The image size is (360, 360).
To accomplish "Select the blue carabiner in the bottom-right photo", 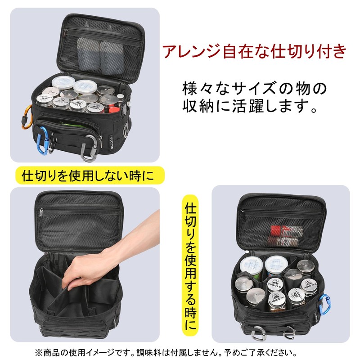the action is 323,304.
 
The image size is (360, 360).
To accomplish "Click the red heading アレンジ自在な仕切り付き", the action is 254,51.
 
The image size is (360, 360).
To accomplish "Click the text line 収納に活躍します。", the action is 250,106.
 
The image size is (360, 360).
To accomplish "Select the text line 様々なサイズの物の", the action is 254,88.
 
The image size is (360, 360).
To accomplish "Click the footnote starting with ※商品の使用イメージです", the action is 166,353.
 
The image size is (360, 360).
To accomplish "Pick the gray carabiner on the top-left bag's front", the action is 90,148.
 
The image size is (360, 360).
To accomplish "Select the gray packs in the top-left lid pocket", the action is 100,56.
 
